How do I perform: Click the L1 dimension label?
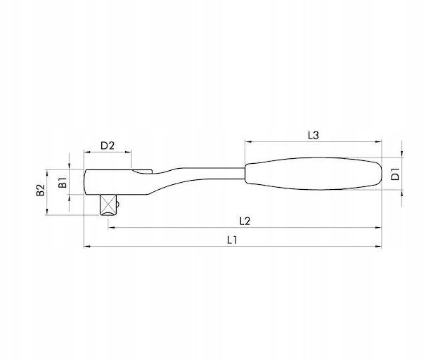coord(232,240)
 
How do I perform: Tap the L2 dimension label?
coord(245,221)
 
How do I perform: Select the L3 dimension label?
coord(314,135)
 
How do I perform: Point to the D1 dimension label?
coord(395,174)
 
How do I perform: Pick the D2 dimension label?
coord(108,146)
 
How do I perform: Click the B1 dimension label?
coord(63,182)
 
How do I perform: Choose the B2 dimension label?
coord(41,190)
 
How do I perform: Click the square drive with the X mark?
coord(108,205)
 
